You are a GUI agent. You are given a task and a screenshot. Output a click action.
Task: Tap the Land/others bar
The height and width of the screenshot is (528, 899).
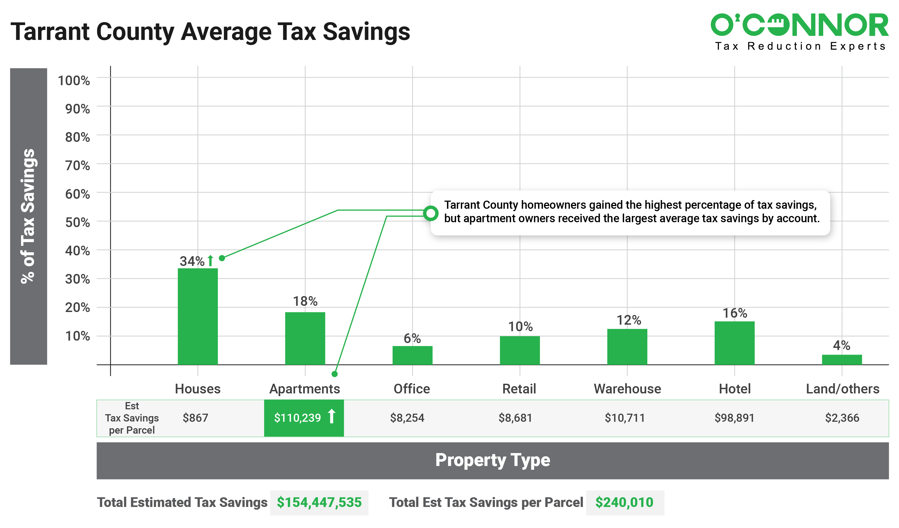[x=842, y=360]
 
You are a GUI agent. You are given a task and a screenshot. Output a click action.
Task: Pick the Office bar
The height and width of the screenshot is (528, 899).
[x=412, y=355]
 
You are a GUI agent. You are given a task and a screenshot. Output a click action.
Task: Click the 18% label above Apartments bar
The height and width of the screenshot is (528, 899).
[x=305, y=301]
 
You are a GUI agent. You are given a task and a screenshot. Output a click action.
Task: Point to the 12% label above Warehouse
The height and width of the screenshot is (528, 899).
[x=628, y=320]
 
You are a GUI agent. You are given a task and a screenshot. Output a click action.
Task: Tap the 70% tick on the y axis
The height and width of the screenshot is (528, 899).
[x=77, y=166]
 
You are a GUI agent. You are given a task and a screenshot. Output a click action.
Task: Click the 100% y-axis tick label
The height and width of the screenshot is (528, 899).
[x=74, y=81]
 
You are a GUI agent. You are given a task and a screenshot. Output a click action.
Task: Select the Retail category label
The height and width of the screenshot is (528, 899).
[x=519, y=389]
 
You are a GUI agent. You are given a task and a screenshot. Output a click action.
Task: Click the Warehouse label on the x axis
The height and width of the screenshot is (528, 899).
[x=627, y=389]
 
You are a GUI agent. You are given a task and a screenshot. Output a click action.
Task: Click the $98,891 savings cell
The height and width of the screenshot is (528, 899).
[x=734, y=418]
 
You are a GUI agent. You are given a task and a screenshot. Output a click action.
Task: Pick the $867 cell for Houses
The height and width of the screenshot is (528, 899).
[x=195, y=418]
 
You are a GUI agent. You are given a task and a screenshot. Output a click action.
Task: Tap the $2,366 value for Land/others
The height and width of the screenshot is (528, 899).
[x=842, y=418]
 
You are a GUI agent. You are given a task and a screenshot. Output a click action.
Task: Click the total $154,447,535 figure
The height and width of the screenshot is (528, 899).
[x=319, y=502]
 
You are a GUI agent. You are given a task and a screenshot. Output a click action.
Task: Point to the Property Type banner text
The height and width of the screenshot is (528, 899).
[x=492, y=460]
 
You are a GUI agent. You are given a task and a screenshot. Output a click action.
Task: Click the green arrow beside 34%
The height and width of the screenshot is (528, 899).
[x=210, y=261]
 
